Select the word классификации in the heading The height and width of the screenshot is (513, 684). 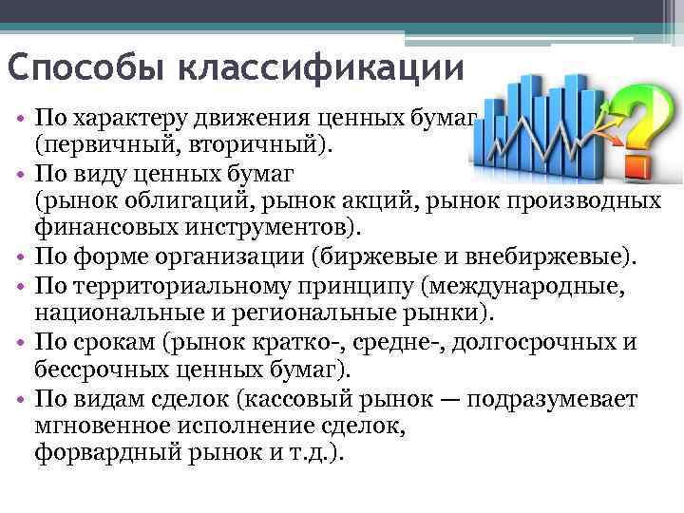click(319, 69)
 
